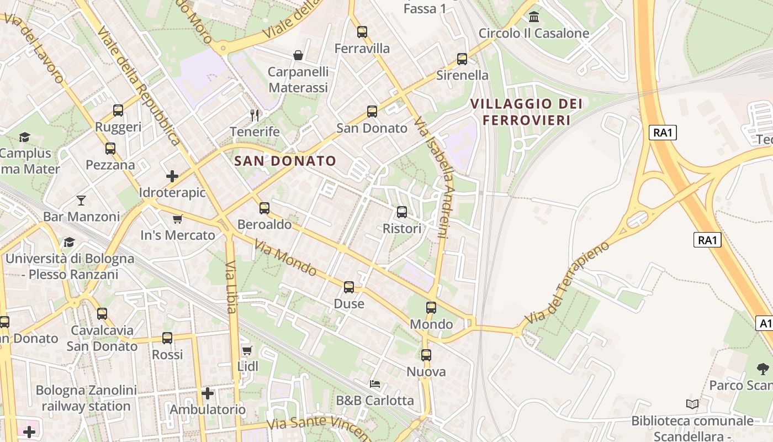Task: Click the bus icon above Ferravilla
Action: point(362,32)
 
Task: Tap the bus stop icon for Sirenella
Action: point(462,59)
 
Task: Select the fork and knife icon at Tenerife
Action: point(255,115)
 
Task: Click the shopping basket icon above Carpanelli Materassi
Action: point(298,55)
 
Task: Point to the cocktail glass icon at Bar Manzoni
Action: point(81,200)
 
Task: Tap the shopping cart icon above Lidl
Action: point(247,350)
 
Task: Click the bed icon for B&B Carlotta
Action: point(375,383)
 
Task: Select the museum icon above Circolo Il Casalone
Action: point(534,17)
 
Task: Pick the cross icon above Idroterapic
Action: point(172,176)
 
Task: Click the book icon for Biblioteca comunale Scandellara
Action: point(692,404)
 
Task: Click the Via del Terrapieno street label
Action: point(567,282)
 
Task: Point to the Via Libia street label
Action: point(231,287)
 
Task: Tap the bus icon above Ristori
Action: point(402,212)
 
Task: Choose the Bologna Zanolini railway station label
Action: point(86,398)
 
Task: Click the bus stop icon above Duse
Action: point(349,287)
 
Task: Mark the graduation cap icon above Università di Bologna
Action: point(69,242)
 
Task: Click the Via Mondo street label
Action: point(285,257)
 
